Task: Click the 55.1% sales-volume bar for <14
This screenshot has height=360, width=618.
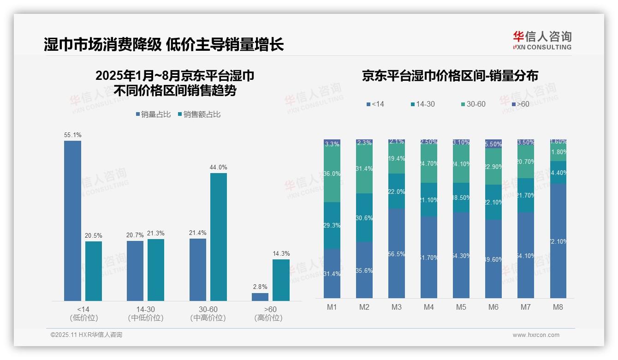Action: (72, 221)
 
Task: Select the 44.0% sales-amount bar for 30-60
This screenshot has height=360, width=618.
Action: (219, 237)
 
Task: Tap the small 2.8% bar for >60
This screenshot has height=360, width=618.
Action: (260, 297)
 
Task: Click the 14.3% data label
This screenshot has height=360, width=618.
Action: (281, 253)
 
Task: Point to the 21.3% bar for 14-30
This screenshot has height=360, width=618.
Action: (156, 270)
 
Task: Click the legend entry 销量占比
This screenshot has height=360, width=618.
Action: (153, 114)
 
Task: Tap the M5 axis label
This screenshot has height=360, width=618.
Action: (461, 307)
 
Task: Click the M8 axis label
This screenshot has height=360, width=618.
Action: (558, 307)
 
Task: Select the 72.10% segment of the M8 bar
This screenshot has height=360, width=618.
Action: (558, 241)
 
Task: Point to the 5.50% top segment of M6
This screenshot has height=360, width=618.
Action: (493, 144)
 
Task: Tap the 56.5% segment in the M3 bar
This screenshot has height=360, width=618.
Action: (397, 253)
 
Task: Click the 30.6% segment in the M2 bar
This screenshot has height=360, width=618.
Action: (364, 218)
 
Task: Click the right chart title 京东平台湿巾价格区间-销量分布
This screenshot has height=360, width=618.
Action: (450, 76)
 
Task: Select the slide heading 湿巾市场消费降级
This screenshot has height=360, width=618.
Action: (102, 44)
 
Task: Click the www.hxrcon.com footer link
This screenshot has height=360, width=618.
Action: (535, 335)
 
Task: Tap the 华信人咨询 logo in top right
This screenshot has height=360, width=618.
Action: (542, 40)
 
